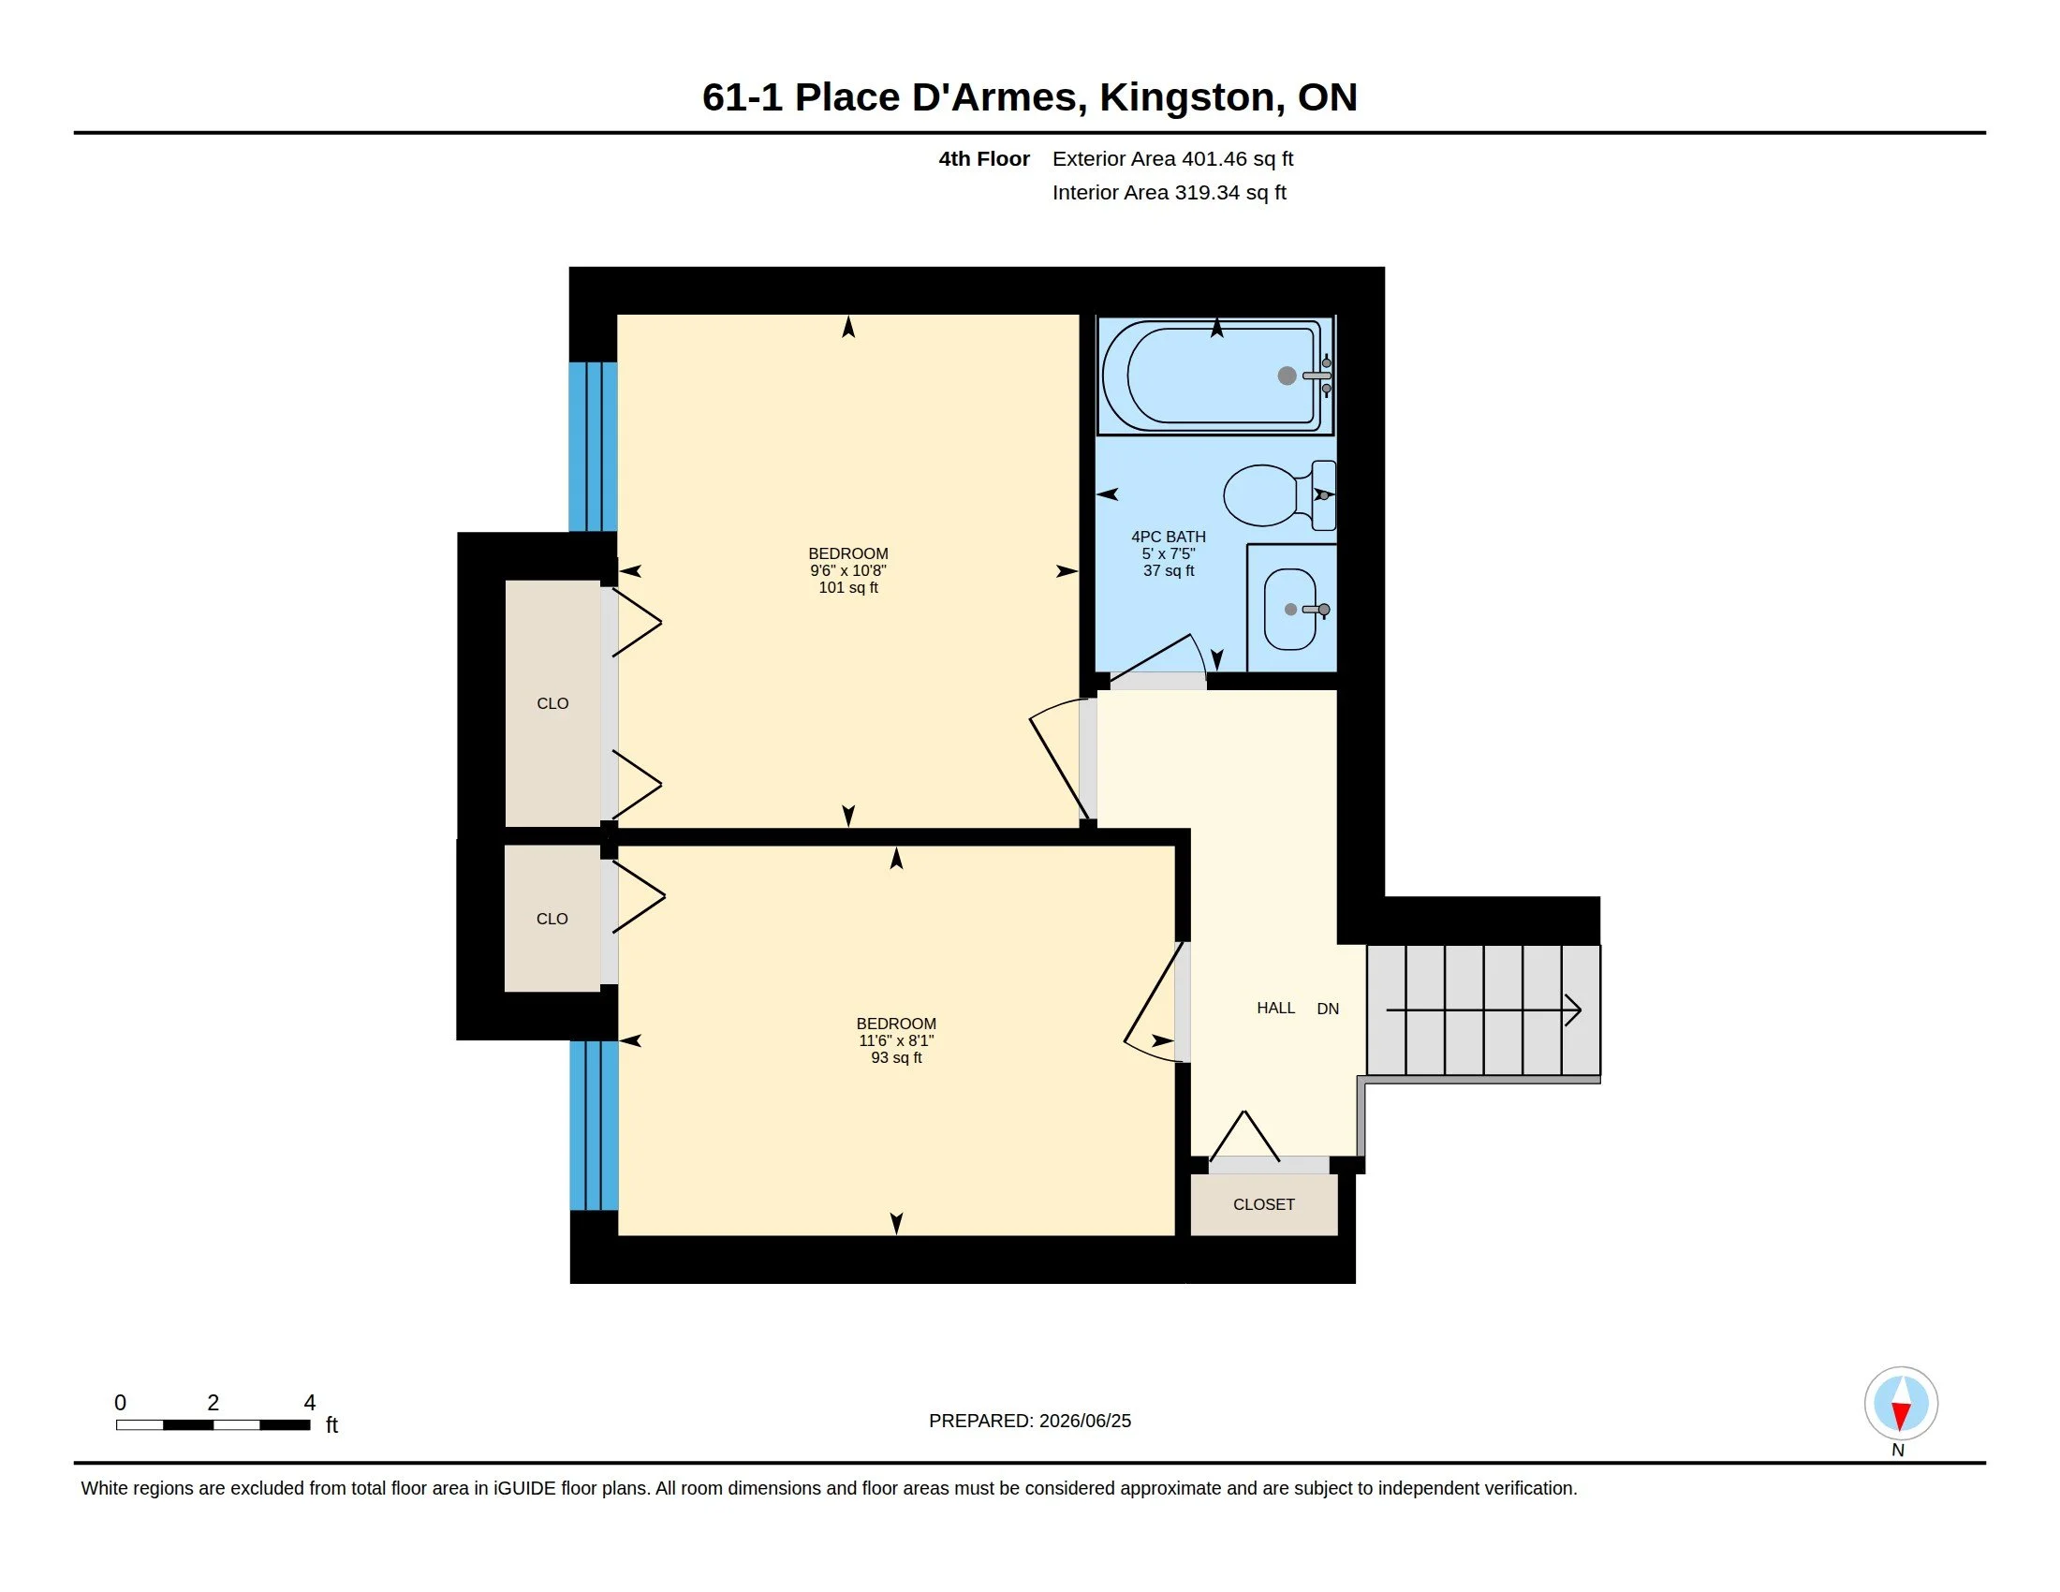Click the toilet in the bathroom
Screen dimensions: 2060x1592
coord(1280,495)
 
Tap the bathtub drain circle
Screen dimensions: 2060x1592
coord(1287,376)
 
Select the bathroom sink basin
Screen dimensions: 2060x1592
coord(1290,610)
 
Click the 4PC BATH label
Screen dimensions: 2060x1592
coord(1169,537)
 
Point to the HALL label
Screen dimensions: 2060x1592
coord(1275,1009)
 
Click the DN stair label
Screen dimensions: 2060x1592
coord(1328,1010)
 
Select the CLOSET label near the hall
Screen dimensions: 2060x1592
coord(1264,1204)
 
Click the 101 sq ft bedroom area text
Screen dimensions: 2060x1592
coord(848,587)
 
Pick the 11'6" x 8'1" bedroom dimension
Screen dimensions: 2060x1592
coord(896,1040)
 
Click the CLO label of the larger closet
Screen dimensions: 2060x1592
coord(552,703)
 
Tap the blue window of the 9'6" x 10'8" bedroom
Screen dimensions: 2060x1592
coord(594,447)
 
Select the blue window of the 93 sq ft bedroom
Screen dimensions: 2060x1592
coord(595,1125)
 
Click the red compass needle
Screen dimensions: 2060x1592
coord(1901,1416)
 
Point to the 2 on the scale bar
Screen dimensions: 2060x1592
coord(213,1403)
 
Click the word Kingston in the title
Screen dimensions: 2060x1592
coord(1186,98)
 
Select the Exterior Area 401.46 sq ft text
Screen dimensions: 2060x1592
coord(1172,158)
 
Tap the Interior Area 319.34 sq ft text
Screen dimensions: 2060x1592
coord(1169,192)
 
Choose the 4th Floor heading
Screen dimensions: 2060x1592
coord(984,158)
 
